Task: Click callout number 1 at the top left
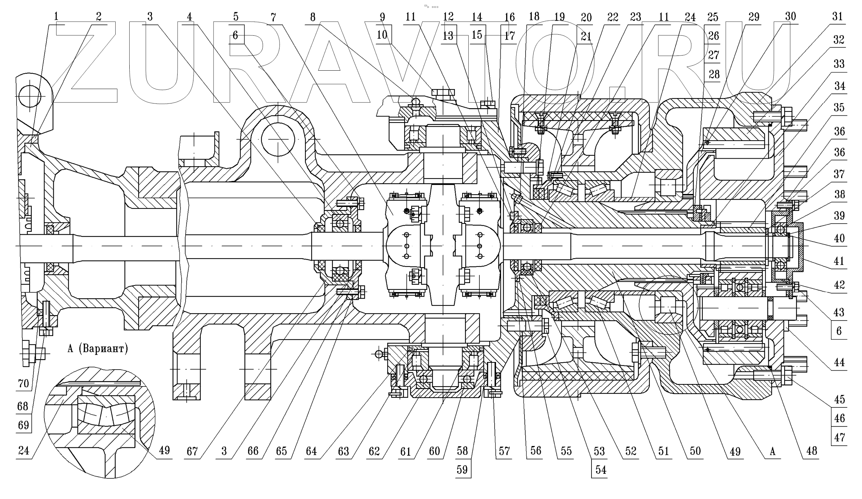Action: (x=56, y=17)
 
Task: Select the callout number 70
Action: (x=23, y=383)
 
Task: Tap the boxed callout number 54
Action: (x=600, y=470)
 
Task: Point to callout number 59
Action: (x=462, y=470)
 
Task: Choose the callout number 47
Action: (x=839, y=437)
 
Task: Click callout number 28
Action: (x=714, y=74)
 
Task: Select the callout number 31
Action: (x=838, y=17)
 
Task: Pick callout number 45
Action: (x=839, y=399)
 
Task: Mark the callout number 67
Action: (x=192, y=451)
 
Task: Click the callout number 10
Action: (x=382, y=35)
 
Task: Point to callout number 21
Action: (x=586, y=36)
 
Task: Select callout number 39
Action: (x=839, y=216)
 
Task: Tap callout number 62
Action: (x=375, y=451)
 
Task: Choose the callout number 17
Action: (x=509, y=36)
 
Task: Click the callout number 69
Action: (x=23, y=425)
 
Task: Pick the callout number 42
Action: (x=839, y=285)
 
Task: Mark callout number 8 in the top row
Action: (x=312, y=17)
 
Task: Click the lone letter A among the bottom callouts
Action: (x=772, y=451)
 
